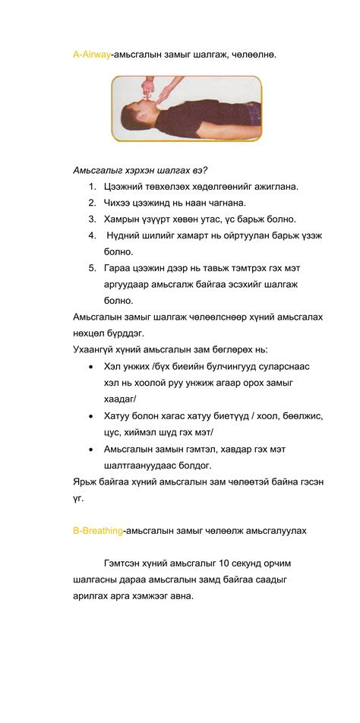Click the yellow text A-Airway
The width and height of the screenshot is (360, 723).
tap(91, 55)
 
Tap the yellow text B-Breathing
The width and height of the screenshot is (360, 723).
tap(98, 531)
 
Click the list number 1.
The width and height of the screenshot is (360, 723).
tap(91, 186)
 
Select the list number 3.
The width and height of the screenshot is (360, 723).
tap(91, 219)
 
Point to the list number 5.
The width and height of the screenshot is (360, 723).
tap(91, 267)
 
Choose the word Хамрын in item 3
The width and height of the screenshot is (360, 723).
tap(124, 219)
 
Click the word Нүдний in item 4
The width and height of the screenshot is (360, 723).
tap(126, 235)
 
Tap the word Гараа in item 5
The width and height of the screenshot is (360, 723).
tap(120, 267)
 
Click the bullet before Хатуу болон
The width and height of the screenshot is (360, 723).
tap(92, 415)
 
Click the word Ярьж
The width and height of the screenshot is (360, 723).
tap(87, 481)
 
